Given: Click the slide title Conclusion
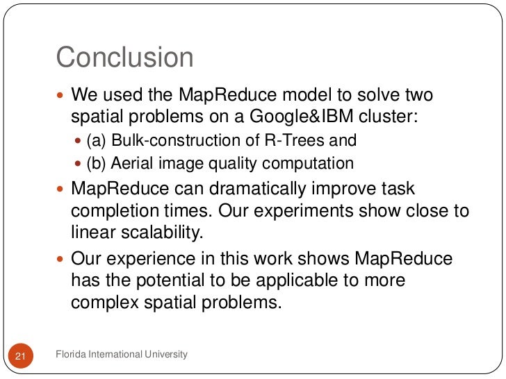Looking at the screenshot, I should click(x=124, y=57).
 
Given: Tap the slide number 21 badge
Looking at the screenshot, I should click(x=20, y=356).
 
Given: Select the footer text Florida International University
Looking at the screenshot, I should click(x=122, y=355).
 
